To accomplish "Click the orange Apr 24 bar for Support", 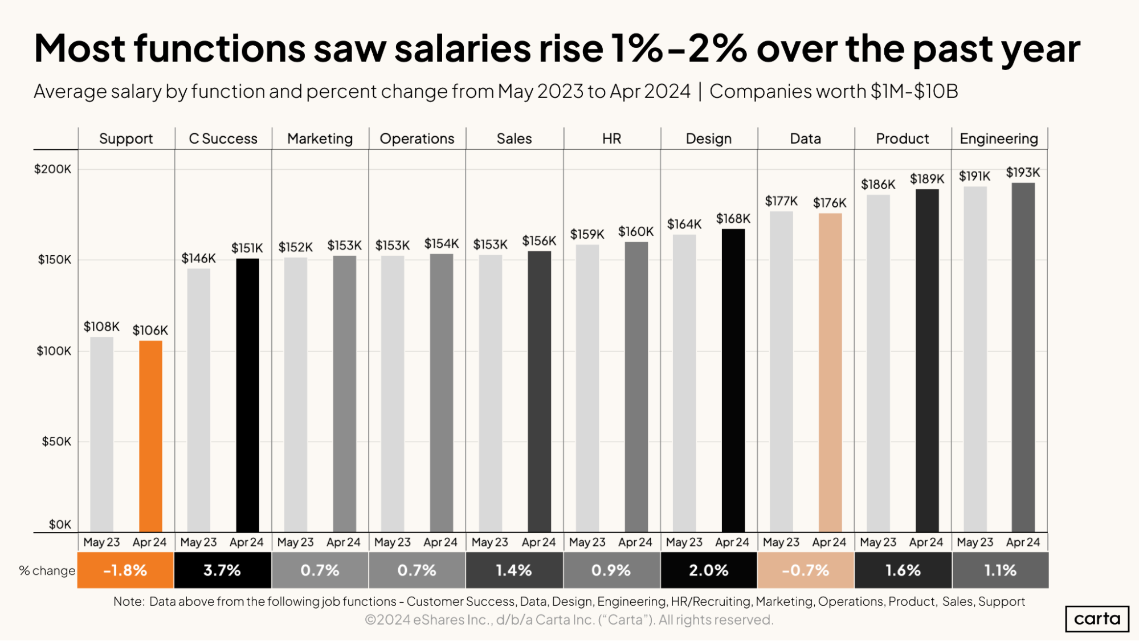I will pos(150,436).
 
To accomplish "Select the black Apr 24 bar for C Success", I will pos(247,395).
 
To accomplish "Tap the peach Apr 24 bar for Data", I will pos(830,372).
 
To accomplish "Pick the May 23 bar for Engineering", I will pos(975,359).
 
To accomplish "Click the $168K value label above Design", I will pos(733,219).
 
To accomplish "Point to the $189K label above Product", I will pos(926,179).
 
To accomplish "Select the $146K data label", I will pos(198,258).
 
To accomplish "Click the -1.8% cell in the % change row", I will pos(125,570).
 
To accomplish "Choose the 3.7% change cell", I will pos(222,570).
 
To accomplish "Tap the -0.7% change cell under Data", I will pos(806,570).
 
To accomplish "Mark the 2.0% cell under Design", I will pos(709,570).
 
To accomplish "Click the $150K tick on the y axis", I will pos(55,260).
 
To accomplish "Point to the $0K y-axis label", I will pos(60,524).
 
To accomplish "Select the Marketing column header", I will pos(320,138).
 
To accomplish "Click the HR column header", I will pos(611,138).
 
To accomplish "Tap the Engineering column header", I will pos(999,138).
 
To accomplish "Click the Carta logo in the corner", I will pos(1097,619).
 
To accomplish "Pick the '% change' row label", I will pos(47,570).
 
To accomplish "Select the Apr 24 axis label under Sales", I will pos(538,542).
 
